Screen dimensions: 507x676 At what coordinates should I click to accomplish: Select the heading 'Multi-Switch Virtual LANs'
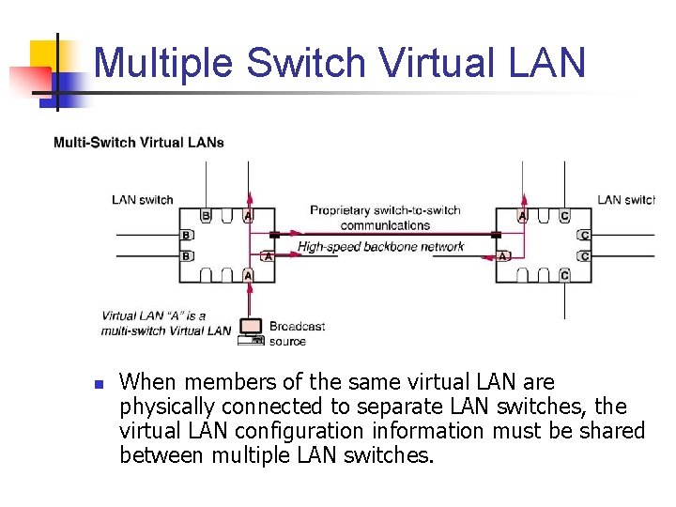click(x=139, y=143)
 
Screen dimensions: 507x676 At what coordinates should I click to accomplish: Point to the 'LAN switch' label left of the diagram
click(x=143, y=199)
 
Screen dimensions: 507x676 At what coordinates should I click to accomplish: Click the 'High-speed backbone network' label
click(x=381, y=247)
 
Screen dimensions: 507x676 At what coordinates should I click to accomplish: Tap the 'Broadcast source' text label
click(x=297, y=333)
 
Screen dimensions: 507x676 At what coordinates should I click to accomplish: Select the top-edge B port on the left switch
click(x=206, y=216)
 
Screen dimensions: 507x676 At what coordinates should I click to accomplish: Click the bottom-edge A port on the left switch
click(x=248, y=275)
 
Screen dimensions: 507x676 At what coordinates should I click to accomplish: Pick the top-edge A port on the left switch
click(x=248, y=216)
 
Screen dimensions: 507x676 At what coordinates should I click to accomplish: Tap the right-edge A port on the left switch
click(x=268, y=255)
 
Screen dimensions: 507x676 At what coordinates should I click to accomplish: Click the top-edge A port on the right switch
click(x=522, y=216)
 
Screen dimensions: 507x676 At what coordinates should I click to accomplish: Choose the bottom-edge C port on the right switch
click(x=564, y=275)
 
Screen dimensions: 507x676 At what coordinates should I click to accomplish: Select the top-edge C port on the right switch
click(x=564, y=216)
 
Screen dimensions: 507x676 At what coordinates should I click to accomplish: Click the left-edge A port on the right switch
click(x=502, y=255)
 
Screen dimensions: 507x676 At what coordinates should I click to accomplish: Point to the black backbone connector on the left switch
click(x=274, y=235)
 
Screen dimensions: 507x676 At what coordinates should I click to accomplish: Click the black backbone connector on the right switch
click(x=497, y=235)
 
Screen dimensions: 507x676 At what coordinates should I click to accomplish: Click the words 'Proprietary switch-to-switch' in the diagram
click(x=385, y=210)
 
